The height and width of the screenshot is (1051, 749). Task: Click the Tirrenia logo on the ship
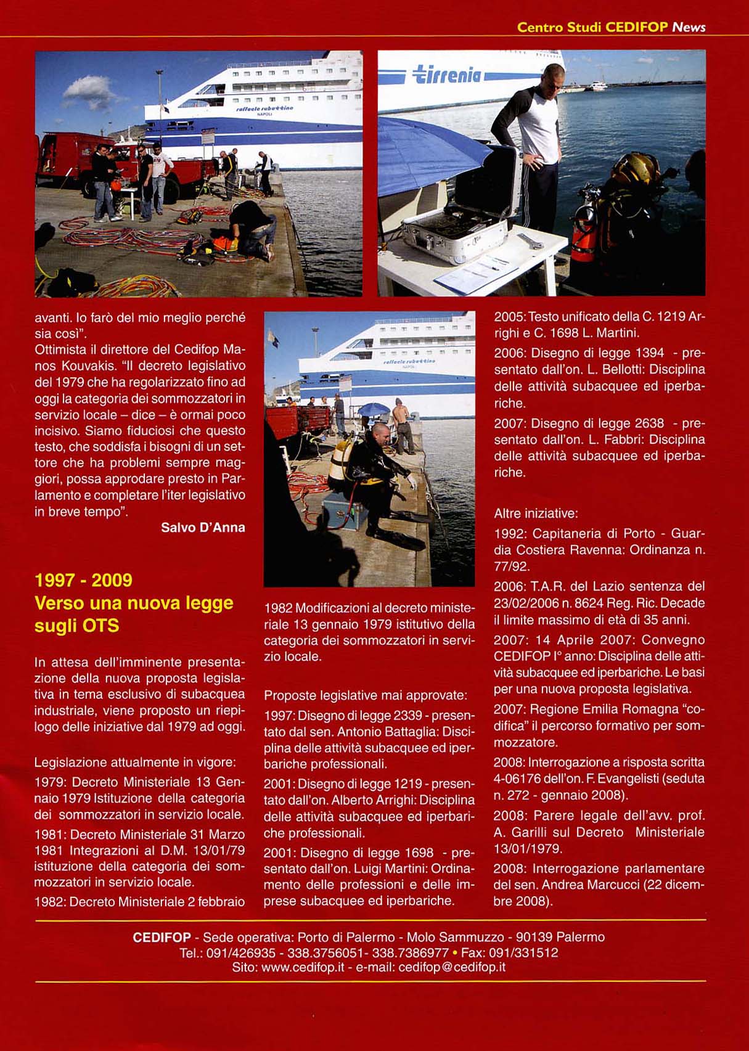(447, 75)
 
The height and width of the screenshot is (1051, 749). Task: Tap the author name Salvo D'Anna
(203, 528)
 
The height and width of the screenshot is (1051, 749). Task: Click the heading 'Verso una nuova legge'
(134, 603)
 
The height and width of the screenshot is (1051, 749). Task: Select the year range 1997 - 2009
(83, 580)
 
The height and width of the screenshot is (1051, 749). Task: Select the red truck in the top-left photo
(68, 160)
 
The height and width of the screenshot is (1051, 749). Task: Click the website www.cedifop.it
(302, 967)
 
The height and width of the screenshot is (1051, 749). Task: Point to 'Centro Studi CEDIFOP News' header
(611, 27)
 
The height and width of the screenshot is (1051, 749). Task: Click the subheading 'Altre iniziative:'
(536, 513)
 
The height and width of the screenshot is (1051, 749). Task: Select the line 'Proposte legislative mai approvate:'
(366, 695)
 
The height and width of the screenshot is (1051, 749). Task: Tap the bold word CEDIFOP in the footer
(162, 938)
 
